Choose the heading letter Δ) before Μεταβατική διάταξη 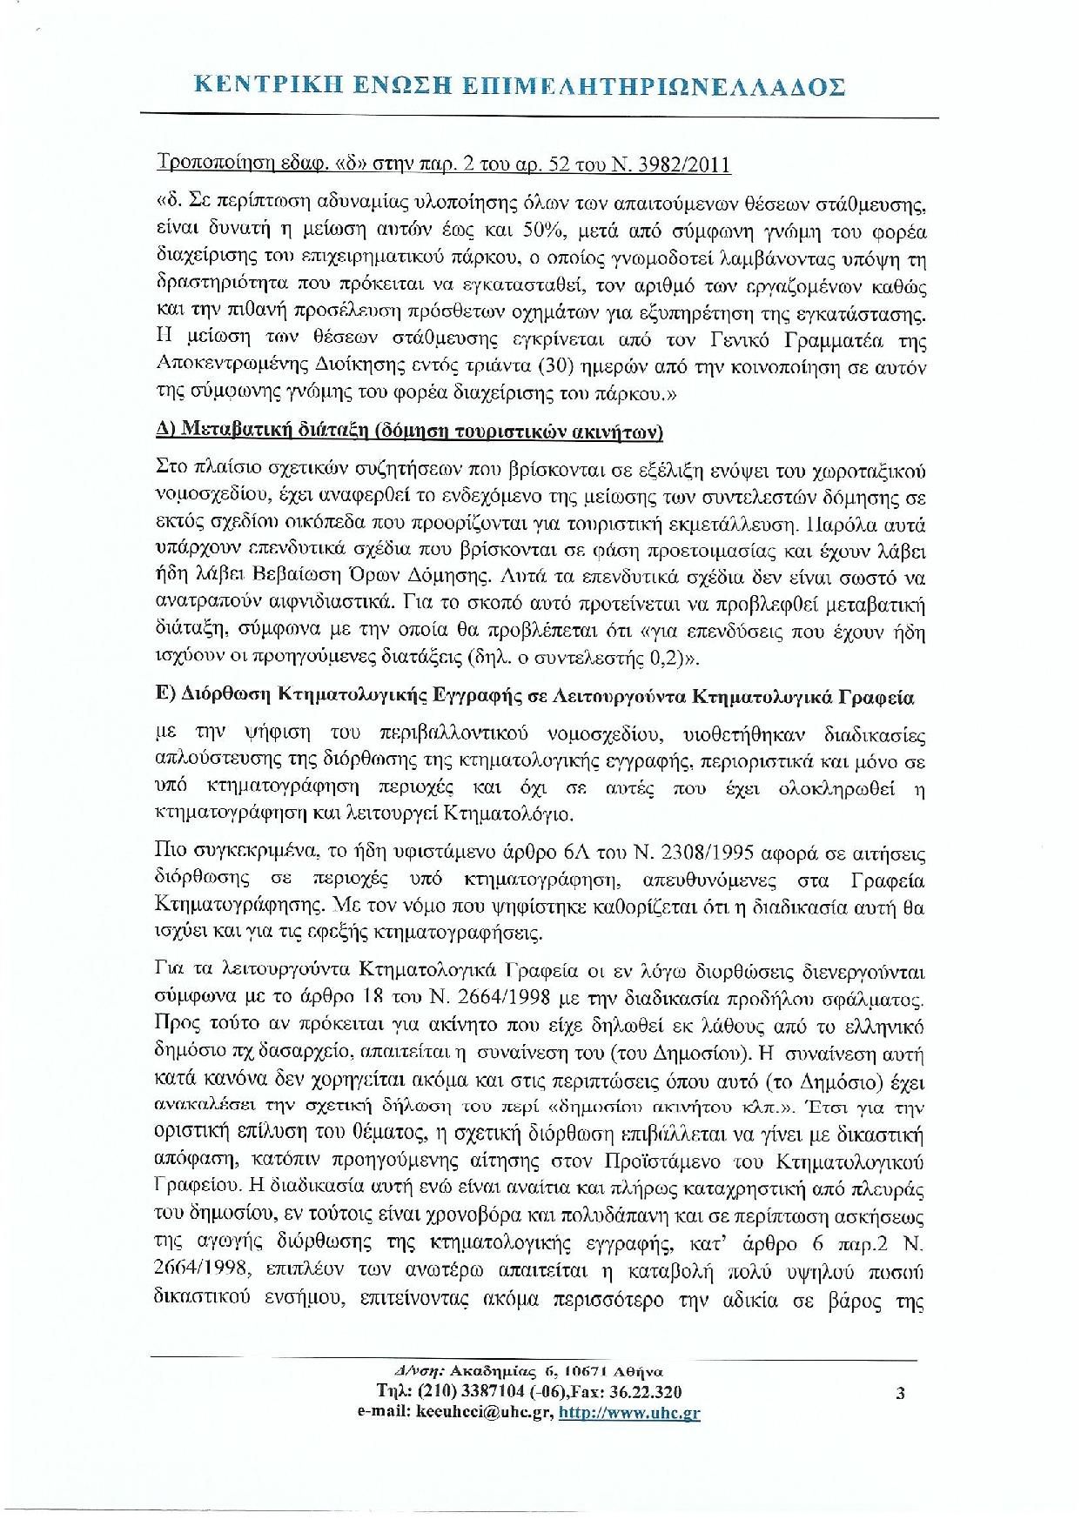point(164,432)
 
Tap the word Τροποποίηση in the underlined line point(207,165)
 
